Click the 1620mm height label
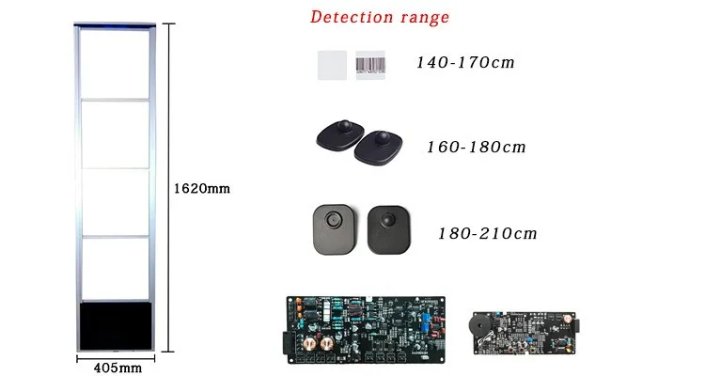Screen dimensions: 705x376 click(x=202, y=189)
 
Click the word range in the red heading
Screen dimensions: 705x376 click(x=422, y=18)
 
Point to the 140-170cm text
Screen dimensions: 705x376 click(x=466, y=63)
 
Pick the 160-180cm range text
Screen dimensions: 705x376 click(x=476, y=148)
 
